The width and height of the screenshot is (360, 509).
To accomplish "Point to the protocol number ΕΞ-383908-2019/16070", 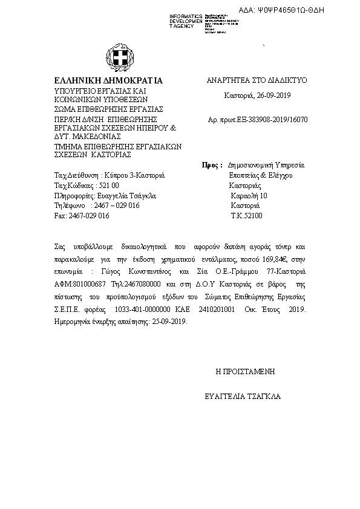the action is (x=272, y=119).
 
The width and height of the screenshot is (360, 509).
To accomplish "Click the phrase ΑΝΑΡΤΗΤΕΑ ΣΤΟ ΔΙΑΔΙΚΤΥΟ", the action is (x=257, y=80).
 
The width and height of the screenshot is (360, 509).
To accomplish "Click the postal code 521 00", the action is (x=108, y=186).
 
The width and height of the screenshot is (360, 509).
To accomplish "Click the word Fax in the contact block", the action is (x=59, y=216).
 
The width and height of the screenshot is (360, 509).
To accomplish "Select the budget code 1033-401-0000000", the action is (x=148, y=310).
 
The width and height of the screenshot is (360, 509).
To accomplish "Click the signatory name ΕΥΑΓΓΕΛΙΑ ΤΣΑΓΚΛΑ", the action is (x=243, y=397).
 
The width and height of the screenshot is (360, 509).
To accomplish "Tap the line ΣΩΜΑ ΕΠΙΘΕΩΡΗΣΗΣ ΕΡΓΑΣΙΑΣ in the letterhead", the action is (x=105, y=109).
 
